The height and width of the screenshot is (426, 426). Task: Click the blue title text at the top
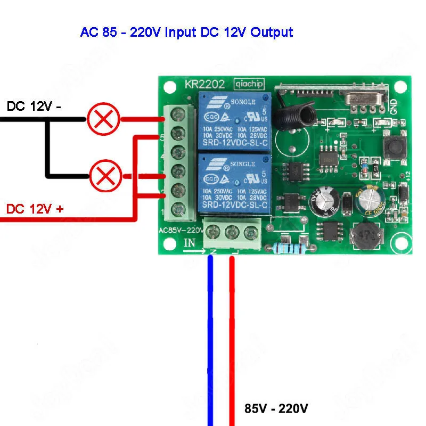[186, 32]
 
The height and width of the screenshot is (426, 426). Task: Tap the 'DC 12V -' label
[34, 106]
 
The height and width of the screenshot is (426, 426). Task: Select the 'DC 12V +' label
[35, 209]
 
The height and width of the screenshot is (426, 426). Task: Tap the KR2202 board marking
[204, 84]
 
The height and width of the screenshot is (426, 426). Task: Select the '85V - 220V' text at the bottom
[276, 409]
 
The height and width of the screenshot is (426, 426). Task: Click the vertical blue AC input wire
[210, 341]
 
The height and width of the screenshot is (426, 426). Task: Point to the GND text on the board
[394, 108]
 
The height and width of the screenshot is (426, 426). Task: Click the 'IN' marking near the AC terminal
[190, 243]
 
